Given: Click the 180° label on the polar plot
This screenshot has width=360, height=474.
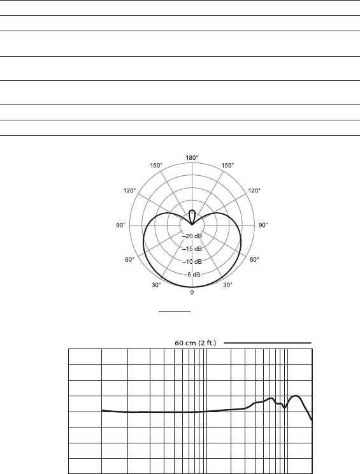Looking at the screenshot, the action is (x=192, y=157).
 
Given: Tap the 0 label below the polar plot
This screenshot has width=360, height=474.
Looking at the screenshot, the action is (x=192, y=292).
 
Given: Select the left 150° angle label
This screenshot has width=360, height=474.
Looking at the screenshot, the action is (x=156, y=166).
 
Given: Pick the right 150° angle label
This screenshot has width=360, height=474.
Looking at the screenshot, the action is (x=227, y=166).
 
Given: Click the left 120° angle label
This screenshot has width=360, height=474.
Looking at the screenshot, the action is (x=130, y=190).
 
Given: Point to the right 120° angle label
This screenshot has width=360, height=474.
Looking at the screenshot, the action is (x=254, y=190).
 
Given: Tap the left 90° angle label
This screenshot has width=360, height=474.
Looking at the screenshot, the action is (x=120, y=225).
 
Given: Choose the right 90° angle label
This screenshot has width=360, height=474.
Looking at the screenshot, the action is (x=263, y=225).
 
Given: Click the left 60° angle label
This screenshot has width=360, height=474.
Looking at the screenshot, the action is (x=130, y=260).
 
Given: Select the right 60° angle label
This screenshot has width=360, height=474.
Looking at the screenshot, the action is (x=254, y=260).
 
